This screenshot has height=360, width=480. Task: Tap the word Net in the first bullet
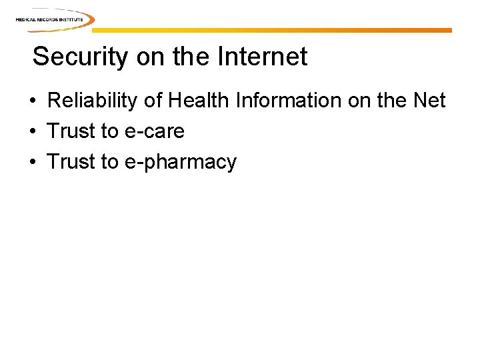[429, 101]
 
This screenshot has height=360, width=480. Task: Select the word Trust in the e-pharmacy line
[71, 162]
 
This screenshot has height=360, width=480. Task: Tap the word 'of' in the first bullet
[153, 101]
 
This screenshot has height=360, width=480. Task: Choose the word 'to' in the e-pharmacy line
[109, 162]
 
